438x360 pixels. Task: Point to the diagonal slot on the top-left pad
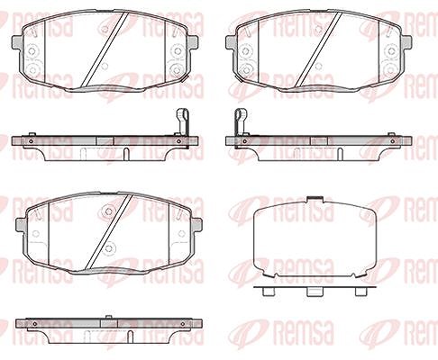105,50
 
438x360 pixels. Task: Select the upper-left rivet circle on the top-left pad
32,51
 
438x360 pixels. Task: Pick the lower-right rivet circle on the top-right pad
391,70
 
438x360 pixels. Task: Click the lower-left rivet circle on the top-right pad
246,70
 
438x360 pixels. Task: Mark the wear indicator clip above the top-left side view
182,122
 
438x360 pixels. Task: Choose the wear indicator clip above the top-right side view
242,122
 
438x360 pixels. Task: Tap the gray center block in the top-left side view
105,141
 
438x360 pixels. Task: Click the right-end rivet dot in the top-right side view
393,141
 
